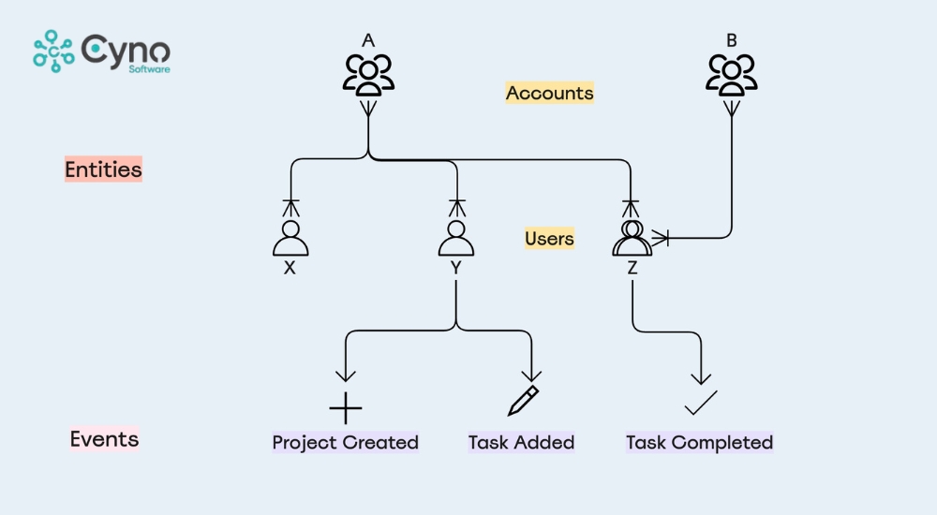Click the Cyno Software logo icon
tap(53, 51)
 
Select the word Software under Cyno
tap(150, 68)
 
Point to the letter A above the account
tap(368, 40)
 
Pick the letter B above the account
tap(732, 40)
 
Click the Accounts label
tap(549, 93)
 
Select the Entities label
tap(103, 169)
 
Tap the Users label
tap(549, 239)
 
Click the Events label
tap(104, 439)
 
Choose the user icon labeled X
tap(290, 239)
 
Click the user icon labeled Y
tap(456, 239)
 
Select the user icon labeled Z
tap(632, 239)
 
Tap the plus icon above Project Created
tap(346, 408)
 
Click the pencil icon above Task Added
tap(523, 400)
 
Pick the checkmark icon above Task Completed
tap(700, 403)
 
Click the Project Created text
tap(345, 442)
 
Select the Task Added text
tap(521, 442)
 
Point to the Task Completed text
tap(699, 442)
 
